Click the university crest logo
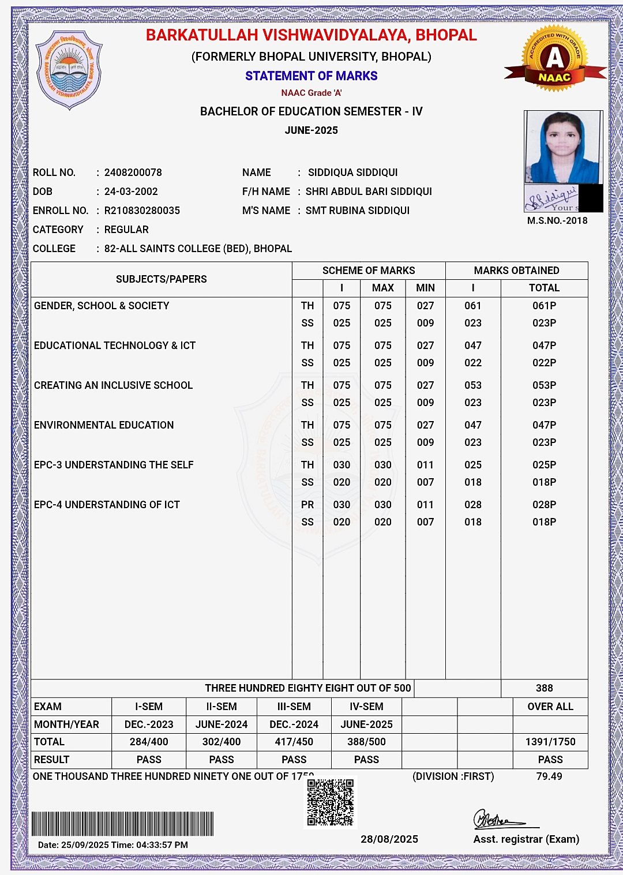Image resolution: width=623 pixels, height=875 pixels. point(69,70)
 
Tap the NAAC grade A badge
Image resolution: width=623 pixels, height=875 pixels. point(554,59)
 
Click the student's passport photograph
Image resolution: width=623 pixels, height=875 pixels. point(563,147)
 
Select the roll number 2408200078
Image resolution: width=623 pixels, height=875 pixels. point(133,172)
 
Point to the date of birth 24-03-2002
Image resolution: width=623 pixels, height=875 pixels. point(131,191)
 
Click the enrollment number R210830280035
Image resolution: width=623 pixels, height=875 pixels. point(142,211)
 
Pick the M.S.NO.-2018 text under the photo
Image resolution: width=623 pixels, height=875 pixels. point(557,220)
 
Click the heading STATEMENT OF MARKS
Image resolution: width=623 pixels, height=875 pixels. point(311,76)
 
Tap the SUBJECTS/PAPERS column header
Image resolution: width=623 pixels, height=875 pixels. point(162,279)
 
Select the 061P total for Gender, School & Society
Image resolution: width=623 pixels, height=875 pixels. point(544,306)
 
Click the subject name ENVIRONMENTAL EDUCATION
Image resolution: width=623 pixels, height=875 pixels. point(104,425)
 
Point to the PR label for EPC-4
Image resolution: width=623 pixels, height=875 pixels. point(307,505)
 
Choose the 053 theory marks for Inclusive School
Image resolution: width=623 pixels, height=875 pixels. point(473,385)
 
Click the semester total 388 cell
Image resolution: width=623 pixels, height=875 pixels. point(544,688)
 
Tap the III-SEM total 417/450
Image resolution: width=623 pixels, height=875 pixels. point(294,742)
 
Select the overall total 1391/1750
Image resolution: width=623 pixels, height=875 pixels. point(550,742)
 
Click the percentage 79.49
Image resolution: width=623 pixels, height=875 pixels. point(549,776)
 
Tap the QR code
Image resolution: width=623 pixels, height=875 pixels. point(330,802)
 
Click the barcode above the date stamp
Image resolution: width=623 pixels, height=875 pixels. point(123,824)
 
